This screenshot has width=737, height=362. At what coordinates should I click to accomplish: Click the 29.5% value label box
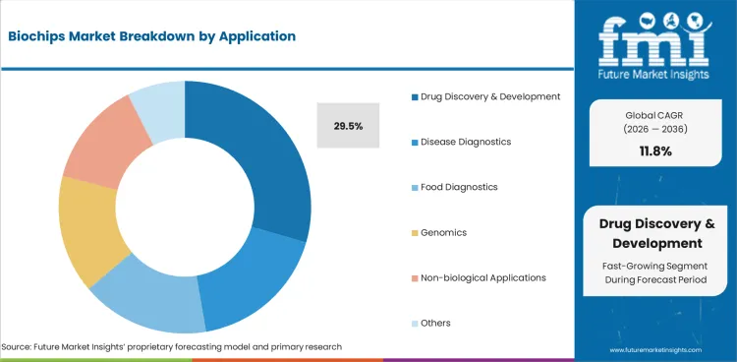point(347,126)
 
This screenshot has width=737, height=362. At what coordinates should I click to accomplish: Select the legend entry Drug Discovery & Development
point(488,96)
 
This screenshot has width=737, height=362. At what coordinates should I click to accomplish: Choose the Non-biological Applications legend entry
point(482,277)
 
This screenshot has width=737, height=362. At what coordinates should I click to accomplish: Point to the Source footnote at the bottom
point(172,346)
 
